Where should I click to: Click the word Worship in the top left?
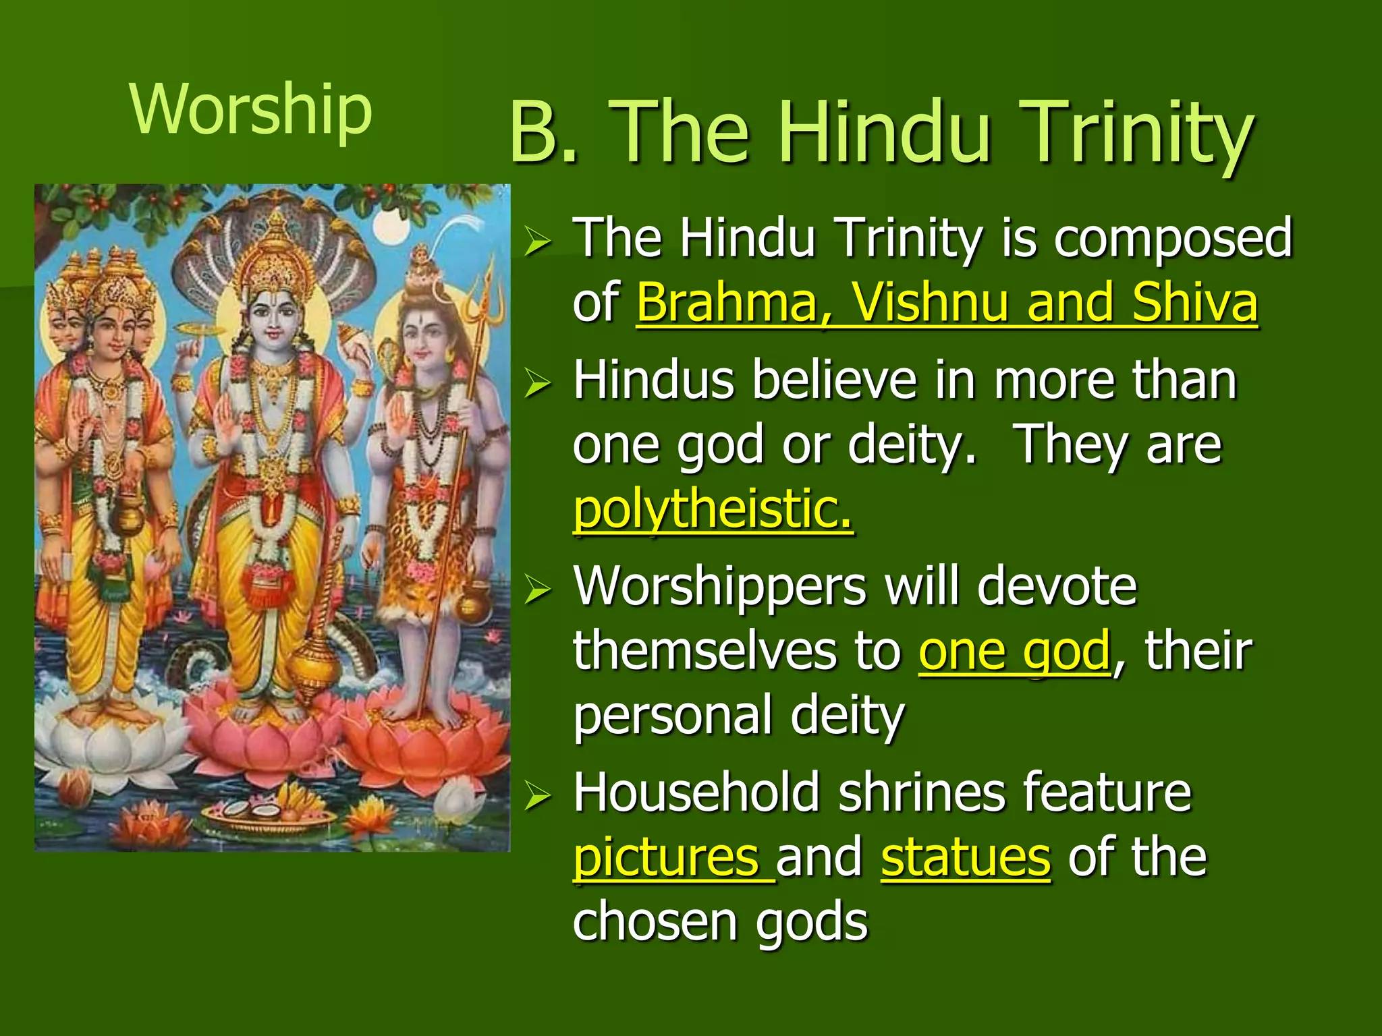point(250,110)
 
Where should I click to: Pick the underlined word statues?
point(966,857)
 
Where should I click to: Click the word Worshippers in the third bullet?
point(719,586)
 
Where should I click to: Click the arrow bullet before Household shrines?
point(538,797)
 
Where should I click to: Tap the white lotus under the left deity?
point(108,742)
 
